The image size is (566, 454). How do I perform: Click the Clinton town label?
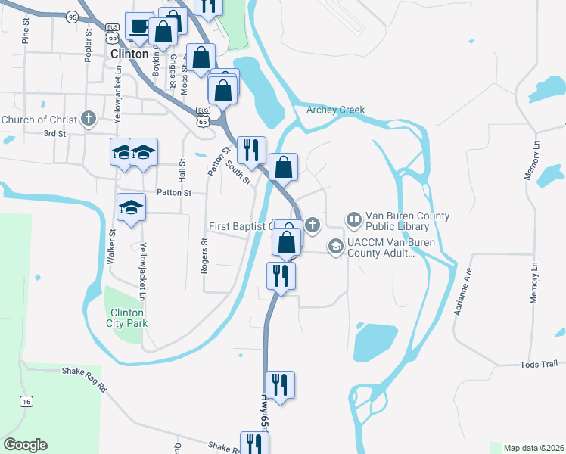click(129, 54)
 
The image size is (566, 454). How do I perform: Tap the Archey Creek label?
click(335, 110)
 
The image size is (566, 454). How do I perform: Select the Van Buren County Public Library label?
click(408, 221)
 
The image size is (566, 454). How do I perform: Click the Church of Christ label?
click(39, 120)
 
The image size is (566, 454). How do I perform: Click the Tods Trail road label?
click(539, 365)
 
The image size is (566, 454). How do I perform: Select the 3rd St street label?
click(54, 133)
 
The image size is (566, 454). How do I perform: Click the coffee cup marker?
click(138, 26)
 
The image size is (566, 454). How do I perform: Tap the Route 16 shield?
click(27, 401)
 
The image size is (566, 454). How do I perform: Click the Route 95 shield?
click(72, 16)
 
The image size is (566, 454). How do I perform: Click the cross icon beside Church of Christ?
click(89, 119)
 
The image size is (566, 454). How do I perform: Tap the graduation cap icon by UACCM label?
click(335, 247)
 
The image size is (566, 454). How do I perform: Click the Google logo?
click(25, 445)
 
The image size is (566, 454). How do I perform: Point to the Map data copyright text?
click(534, 448)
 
